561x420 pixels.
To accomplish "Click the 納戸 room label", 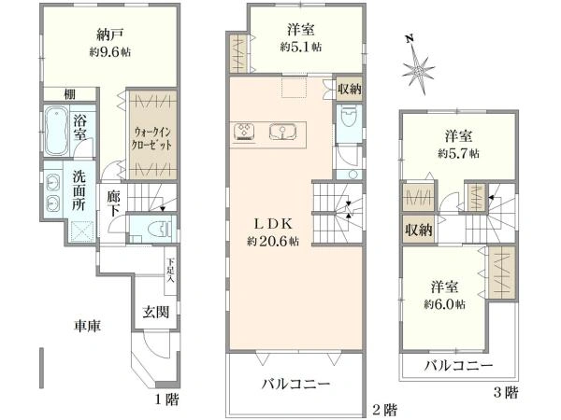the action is pyautogui.click(x=110, y=35).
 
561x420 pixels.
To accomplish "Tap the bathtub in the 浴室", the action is pyautogui.click(x=56, y=131).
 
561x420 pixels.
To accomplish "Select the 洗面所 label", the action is pyautogui.click(x=79, y=190).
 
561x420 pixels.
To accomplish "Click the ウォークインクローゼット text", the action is pyautogui.click(x=151, y=138).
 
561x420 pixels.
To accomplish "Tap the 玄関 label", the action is pyautogui.click(x=156, y=312).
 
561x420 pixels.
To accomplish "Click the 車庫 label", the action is pyautogui.click(x=87, y=326).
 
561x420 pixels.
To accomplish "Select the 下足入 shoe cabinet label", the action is pyautogui.click(x=171, y=271).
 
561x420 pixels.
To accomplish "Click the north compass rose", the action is pyautogui.click(x=418, y=70).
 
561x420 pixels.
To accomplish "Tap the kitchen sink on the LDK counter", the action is pyautogui.click(x=282, y=132).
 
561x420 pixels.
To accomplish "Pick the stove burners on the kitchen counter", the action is pyautogui.click(x=245, y=131).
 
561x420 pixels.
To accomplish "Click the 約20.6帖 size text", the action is pyautogui.click(x=273, y=242).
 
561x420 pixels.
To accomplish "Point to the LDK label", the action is pyautogui.click(x=273, y=224).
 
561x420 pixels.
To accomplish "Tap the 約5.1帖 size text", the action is pyautogui.click(x=301, y=47).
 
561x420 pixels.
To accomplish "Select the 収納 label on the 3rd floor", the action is pyautogui.click(x=419, y=231).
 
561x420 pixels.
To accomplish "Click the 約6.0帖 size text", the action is pyautogui.click(x=445, y=304).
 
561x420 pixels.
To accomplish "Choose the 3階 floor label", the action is pyautogui.click(x=506, y=393).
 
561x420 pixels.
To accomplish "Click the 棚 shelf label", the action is pyautogui.click(x=69, y=94).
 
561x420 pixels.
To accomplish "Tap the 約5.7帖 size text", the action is pyautogui.click(x=459, y=154).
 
